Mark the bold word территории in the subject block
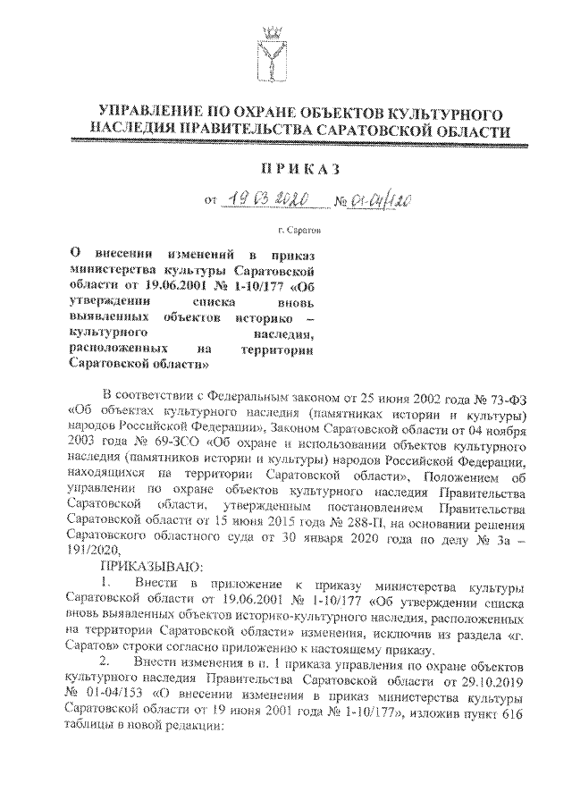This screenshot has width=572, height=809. (280, 349)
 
